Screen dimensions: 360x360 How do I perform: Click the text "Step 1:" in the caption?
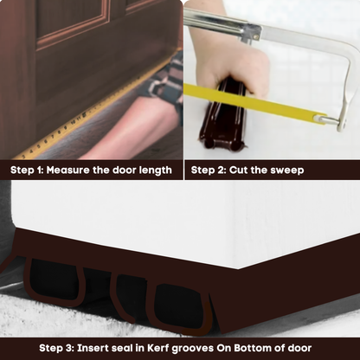pos(29,170)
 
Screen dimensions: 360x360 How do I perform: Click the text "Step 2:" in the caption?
pos(209,170)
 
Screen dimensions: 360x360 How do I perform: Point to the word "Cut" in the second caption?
pos(243,170)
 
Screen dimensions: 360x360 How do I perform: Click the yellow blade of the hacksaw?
pos(260,104)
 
